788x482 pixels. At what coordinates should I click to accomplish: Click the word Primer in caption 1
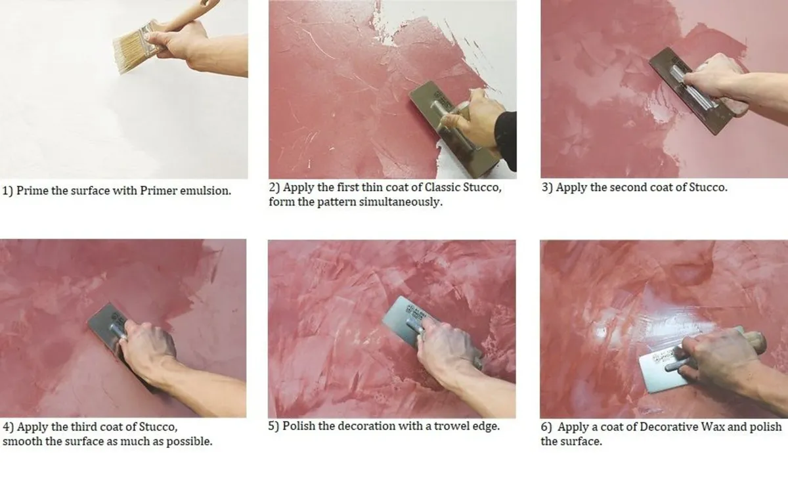pyautogui.click(x=158, y=190)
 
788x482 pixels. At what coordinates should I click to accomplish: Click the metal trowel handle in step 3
pyautogui.click(x=691, y=85)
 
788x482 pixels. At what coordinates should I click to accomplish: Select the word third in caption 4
pyautogui.click(x=83, y=427)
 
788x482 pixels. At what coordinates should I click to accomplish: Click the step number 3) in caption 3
pyautogui.click(x=548, y=187)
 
